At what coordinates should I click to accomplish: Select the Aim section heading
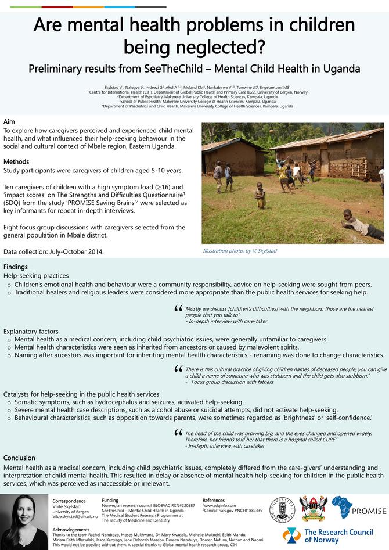pos(9,121)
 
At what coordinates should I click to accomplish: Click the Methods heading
pos(16,161)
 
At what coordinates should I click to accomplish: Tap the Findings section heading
pos(16,267)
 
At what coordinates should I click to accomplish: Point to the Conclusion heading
pos(19,458)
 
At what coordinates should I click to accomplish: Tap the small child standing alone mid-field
pos(261,195)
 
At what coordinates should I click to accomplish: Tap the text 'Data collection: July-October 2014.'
pos(53,252)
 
